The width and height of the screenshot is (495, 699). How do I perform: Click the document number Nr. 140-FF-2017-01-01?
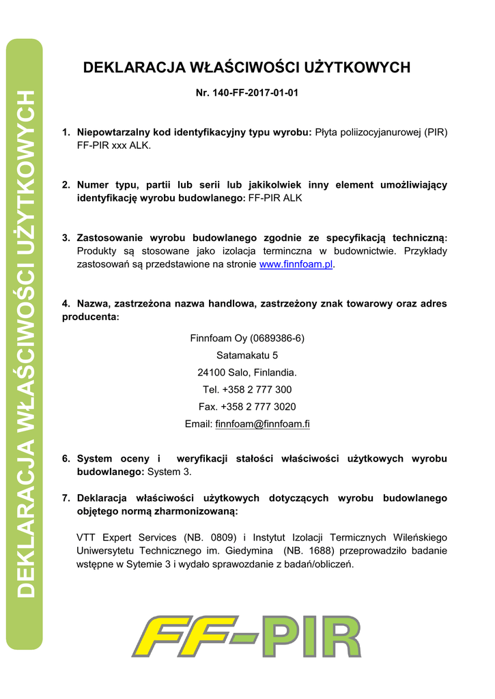pyautogui.click(x=247, y=92)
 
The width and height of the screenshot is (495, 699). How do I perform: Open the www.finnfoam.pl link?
pyautogui.click(x=296, y=264)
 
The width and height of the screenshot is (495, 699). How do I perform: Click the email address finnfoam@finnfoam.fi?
pyautogui.click(x=262, y=424)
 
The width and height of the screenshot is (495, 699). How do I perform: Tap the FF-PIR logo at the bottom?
pyautogui.click(x=246, y=636)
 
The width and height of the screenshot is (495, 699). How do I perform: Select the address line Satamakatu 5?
pyautogui.click(x=247, y=355)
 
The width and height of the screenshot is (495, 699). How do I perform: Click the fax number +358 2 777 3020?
pyautogui.click(x=258, y=407)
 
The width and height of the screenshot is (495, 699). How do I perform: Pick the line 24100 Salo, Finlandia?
pyautogui.click(x=247, y=373)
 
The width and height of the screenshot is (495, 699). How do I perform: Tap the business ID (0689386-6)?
pyautogui.click(x=277, y=338)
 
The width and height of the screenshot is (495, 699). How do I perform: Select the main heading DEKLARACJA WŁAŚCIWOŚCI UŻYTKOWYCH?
pyautogui.click(x=246, y=68)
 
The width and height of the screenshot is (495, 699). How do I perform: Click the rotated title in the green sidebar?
pyautogui.click(x=25, y=344)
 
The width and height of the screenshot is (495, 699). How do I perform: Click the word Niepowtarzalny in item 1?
pyautogui.click(x=113, y=132)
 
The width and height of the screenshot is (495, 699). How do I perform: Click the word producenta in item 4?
pyautogui.click(x=89, y=317)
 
